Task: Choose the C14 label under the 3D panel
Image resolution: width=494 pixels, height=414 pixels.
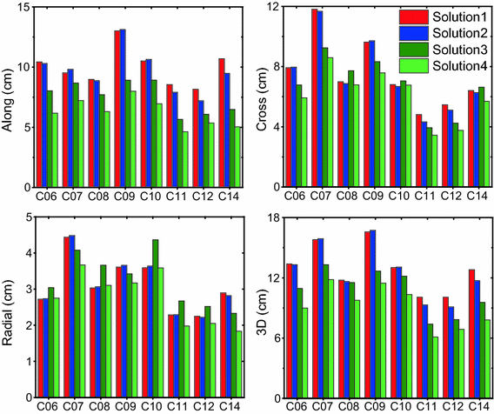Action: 479,406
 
